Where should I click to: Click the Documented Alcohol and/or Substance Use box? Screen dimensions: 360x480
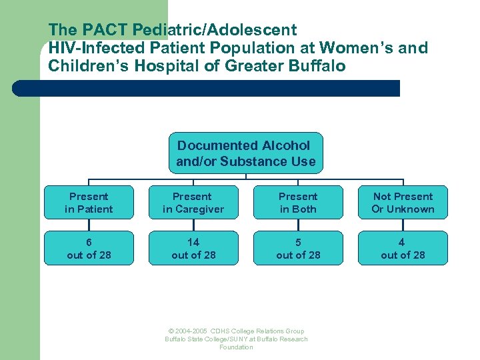click(245, 153)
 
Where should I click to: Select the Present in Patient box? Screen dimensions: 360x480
click(89, 203)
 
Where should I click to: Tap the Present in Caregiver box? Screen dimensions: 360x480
click(193, 203)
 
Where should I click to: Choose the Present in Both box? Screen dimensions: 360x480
click(298, 203)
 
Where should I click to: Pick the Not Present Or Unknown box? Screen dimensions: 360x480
click(403, 203)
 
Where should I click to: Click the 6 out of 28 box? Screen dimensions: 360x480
click(89, 248)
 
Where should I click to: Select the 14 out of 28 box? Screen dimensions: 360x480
click(193, 248)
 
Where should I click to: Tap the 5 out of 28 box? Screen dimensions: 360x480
click(298, 248)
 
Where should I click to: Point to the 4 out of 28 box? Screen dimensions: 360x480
click(403, 248)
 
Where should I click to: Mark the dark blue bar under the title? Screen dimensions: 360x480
click(207, 89)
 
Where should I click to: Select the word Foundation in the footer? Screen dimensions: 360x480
click(236, 347)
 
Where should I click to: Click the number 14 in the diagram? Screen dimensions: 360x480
click(193, 242)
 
